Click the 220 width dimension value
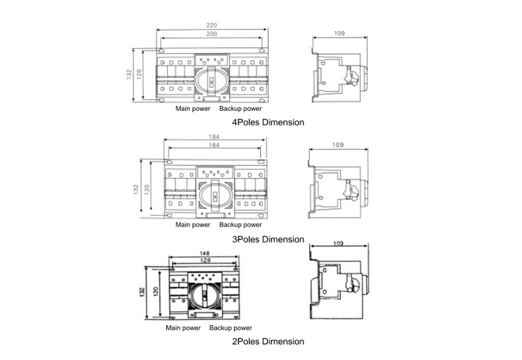coord(212,25)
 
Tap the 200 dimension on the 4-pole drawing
coord(212,34)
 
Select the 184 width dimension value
coord(214,136)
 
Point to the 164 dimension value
coord(214,146)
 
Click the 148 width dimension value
coord(205,253)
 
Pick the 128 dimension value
coord(205,261)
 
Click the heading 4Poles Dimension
coord(268,122)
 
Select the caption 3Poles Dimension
coord(268,239)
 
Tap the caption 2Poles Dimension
coord(268,341)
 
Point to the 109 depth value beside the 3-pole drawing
coord(339,145)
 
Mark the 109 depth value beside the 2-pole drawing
coord(339,244)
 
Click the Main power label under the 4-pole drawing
coord(193,109)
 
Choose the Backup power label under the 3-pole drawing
coord(241,225)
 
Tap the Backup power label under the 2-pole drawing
coord(231,327)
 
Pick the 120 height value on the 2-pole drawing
coord(156,291)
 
